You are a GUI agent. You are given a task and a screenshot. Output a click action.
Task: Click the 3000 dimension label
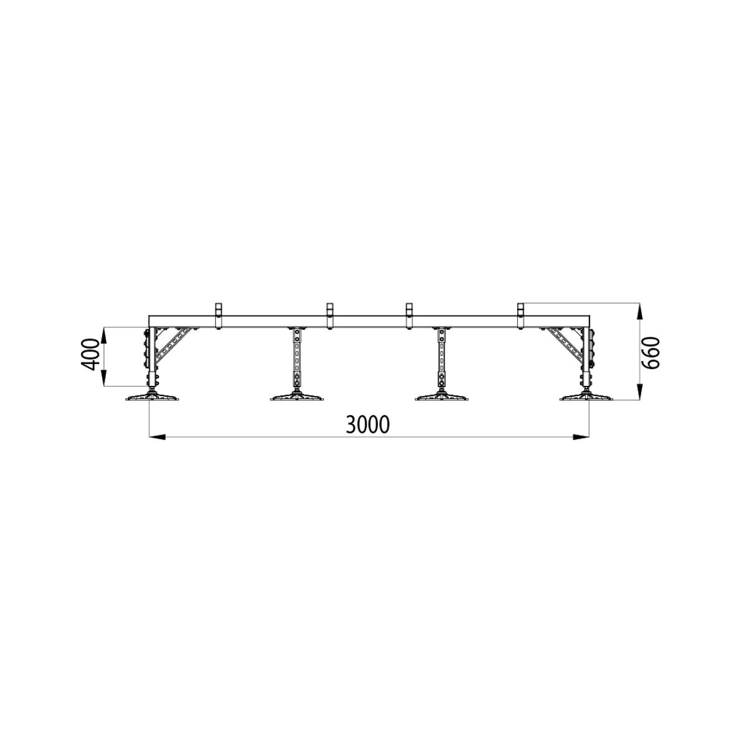(367, 425)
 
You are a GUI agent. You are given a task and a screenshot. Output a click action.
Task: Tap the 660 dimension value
(651, 352)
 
